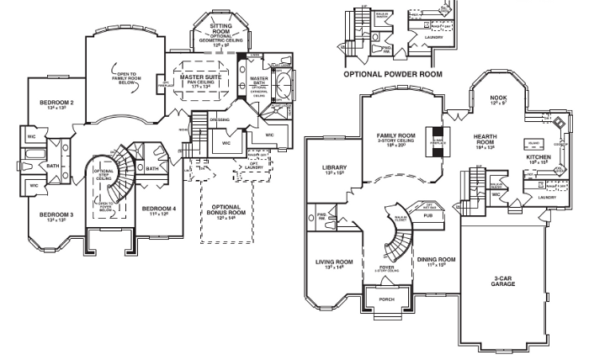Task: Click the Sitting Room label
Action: pyautogui.click(x=221, y=30)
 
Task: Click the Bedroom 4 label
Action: pyautogui.click(x=158, y=208)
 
